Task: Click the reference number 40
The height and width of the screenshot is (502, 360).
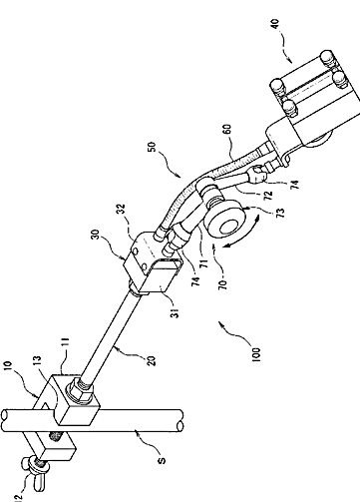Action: [x=276, y=25]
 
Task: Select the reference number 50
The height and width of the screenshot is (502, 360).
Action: [x=152, y=147]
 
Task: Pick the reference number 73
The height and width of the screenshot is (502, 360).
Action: [x=280, y=212]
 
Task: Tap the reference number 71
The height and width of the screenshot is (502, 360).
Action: [x=203, y=263]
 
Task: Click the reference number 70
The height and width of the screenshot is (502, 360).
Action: [x=223, y=284]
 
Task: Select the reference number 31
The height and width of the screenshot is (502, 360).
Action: [x=176, y=313]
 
